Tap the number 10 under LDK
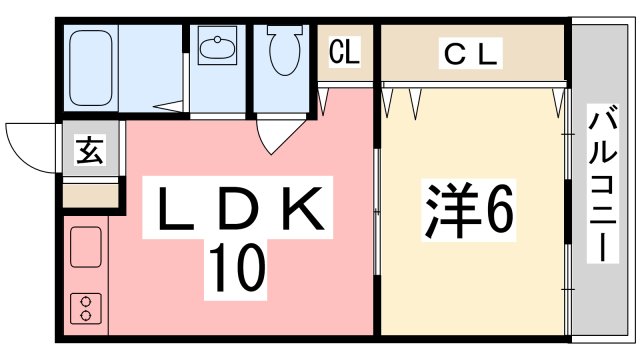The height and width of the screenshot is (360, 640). (x=237, y=265)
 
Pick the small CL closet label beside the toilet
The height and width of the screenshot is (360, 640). (x=346, y=50)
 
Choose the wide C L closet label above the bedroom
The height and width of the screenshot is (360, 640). (x=471, y=53)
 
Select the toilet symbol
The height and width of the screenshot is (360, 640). (x=283, y=50)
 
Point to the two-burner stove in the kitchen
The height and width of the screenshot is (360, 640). (x=84, y=308)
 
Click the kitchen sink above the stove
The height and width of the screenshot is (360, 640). (x=84, y=248)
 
